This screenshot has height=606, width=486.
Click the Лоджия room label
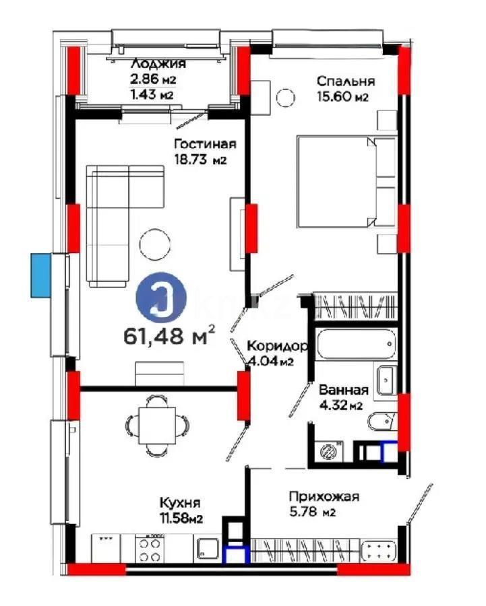pos(158,64)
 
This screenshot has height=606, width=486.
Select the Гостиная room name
pos(204,144)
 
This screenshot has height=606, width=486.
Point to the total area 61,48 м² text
pos(169,335)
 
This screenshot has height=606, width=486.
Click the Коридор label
pos(277,346)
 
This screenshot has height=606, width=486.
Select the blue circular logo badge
pos(161,300)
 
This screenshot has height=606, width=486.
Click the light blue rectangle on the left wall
pos(40,274)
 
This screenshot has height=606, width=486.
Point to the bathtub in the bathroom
pos(356,345)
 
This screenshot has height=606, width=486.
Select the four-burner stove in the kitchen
pos(150,547)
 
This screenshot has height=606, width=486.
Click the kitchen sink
pos(206,547)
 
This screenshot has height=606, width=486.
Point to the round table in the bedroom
pos(286,98)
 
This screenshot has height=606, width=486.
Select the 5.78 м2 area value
pos(319,512)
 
